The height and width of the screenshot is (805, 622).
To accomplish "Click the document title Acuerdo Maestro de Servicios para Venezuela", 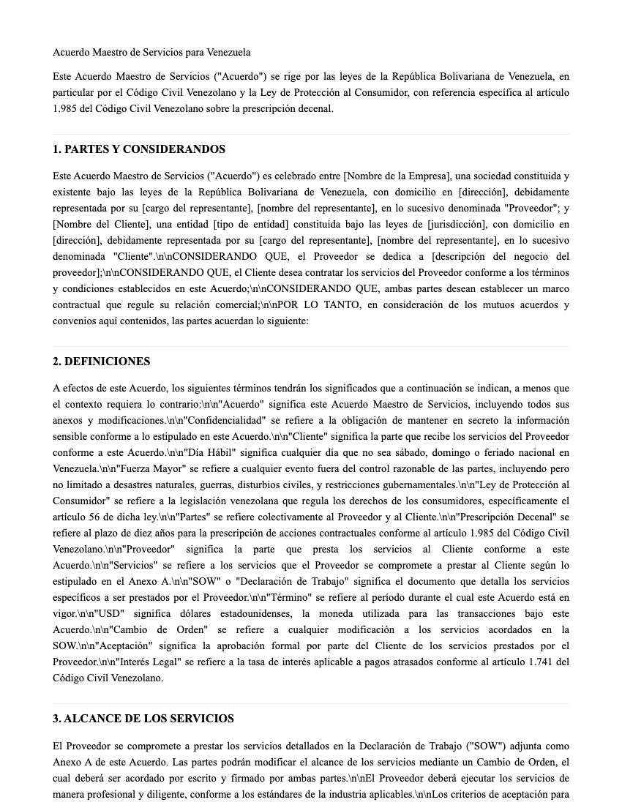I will click(151, 53).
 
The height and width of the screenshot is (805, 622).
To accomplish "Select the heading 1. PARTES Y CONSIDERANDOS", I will click(139, 149).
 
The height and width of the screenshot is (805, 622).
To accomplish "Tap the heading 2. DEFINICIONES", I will click(101, 362).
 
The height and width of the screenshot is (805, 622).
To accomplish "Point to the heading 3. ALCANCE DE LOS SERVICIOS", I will click(143, 719).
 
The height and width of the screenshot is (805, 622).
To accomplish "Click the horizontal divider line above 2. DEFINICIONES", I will click(311, 346).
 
